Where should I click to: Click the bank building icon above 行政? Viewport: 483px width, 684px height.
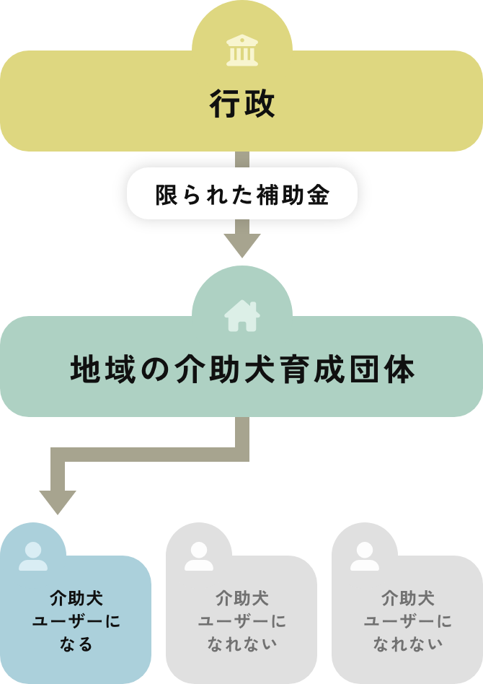click(241, 51)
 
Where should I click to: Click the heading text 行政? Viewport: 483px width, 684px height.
click(241, 104)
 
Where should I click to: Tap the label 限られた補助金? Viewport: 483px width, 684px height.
click(241, 194)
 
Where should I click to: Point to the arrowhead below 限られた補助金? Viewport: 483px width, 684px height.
click(241, 245)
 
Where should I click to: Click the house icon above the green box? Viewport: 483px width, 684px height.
click(241, 315)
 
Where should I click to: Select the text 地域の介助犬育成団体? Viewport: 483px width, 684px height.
click(242, 369)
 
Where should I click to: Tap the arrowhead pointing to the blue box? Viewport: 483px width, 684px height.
click(57, 501)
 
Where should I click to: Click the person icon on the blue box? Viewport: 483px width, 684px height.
click(32, 556)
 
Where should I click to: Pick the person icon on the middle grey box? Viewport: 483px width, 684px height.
click(198, 556)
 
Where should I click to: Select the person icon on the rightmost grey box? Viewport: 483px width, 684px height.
click(364, 556)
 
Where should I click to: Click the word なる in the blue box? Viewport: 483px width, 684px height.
click(76, 644)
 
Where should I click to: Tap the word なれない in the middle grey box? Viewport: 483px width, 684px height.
click(241, 644)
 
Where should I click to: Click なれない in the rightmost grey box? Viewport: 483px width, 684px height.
click(407, 644)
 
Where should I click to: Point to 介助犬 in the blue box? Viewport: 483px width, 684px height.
click(76, 598)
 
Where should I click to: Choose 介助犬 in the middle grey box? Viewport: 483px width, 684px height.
click(241, 598)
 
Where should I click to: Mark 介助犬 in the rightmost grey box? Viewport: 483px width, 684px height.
click(407, 598)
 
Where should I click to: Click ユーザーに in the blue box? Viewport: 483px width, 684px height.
click(76, 621)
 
